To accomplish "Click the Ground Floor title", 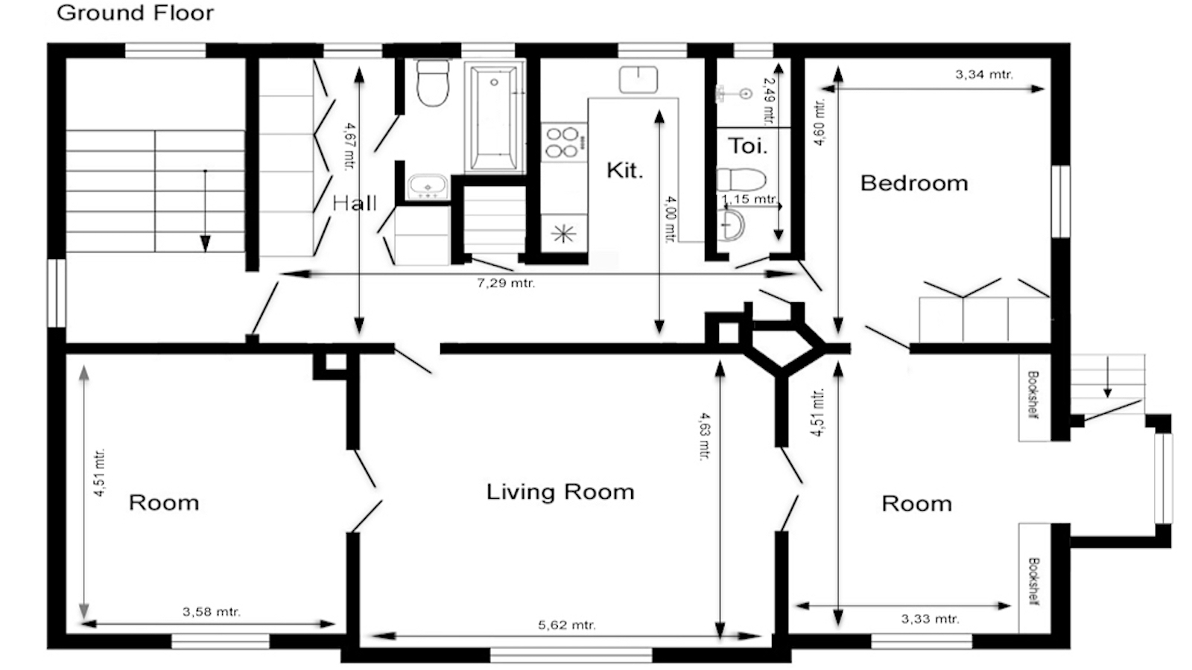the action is tap(135, 13).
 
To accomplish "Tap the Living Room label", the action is tap(560, 492).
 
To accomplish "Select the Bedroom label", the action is tap(913, 183).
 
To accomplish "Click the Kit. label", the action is tap(625, 170).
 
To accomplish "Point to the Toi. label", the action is tap(748, 146).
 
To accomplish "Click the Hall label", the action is tap(355, 202).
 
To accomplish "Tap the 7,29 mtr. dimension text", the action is tap(506, 283).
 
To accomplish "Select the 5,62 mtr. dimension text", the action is tap(567, 625).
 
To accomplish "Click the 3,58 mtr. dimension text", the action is tap(212, 611).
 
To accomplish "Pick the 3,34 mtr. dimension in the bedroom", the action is tap(984, 74).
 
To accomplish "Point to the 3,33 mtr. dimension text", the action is tap(931, 619).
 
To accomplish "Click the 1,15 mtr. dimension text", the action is tap(749, 199).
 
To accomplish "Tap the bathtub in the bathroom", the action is tap(495, 117).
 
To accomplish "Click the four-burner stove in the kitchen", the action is tap(564, 142).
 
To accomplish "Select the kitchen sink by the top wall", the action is tap(638, 80).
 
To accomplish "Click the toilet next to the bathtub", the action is tap(433, 83).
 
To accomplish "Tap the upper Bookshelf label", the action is tap(1033, 395).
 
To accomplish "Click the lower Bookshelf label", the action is tap(1034, 581).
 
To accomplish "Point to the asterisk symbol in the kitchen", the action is tap(563, 234).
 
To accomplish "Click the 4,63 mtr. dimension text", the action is tap(704, 436).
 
